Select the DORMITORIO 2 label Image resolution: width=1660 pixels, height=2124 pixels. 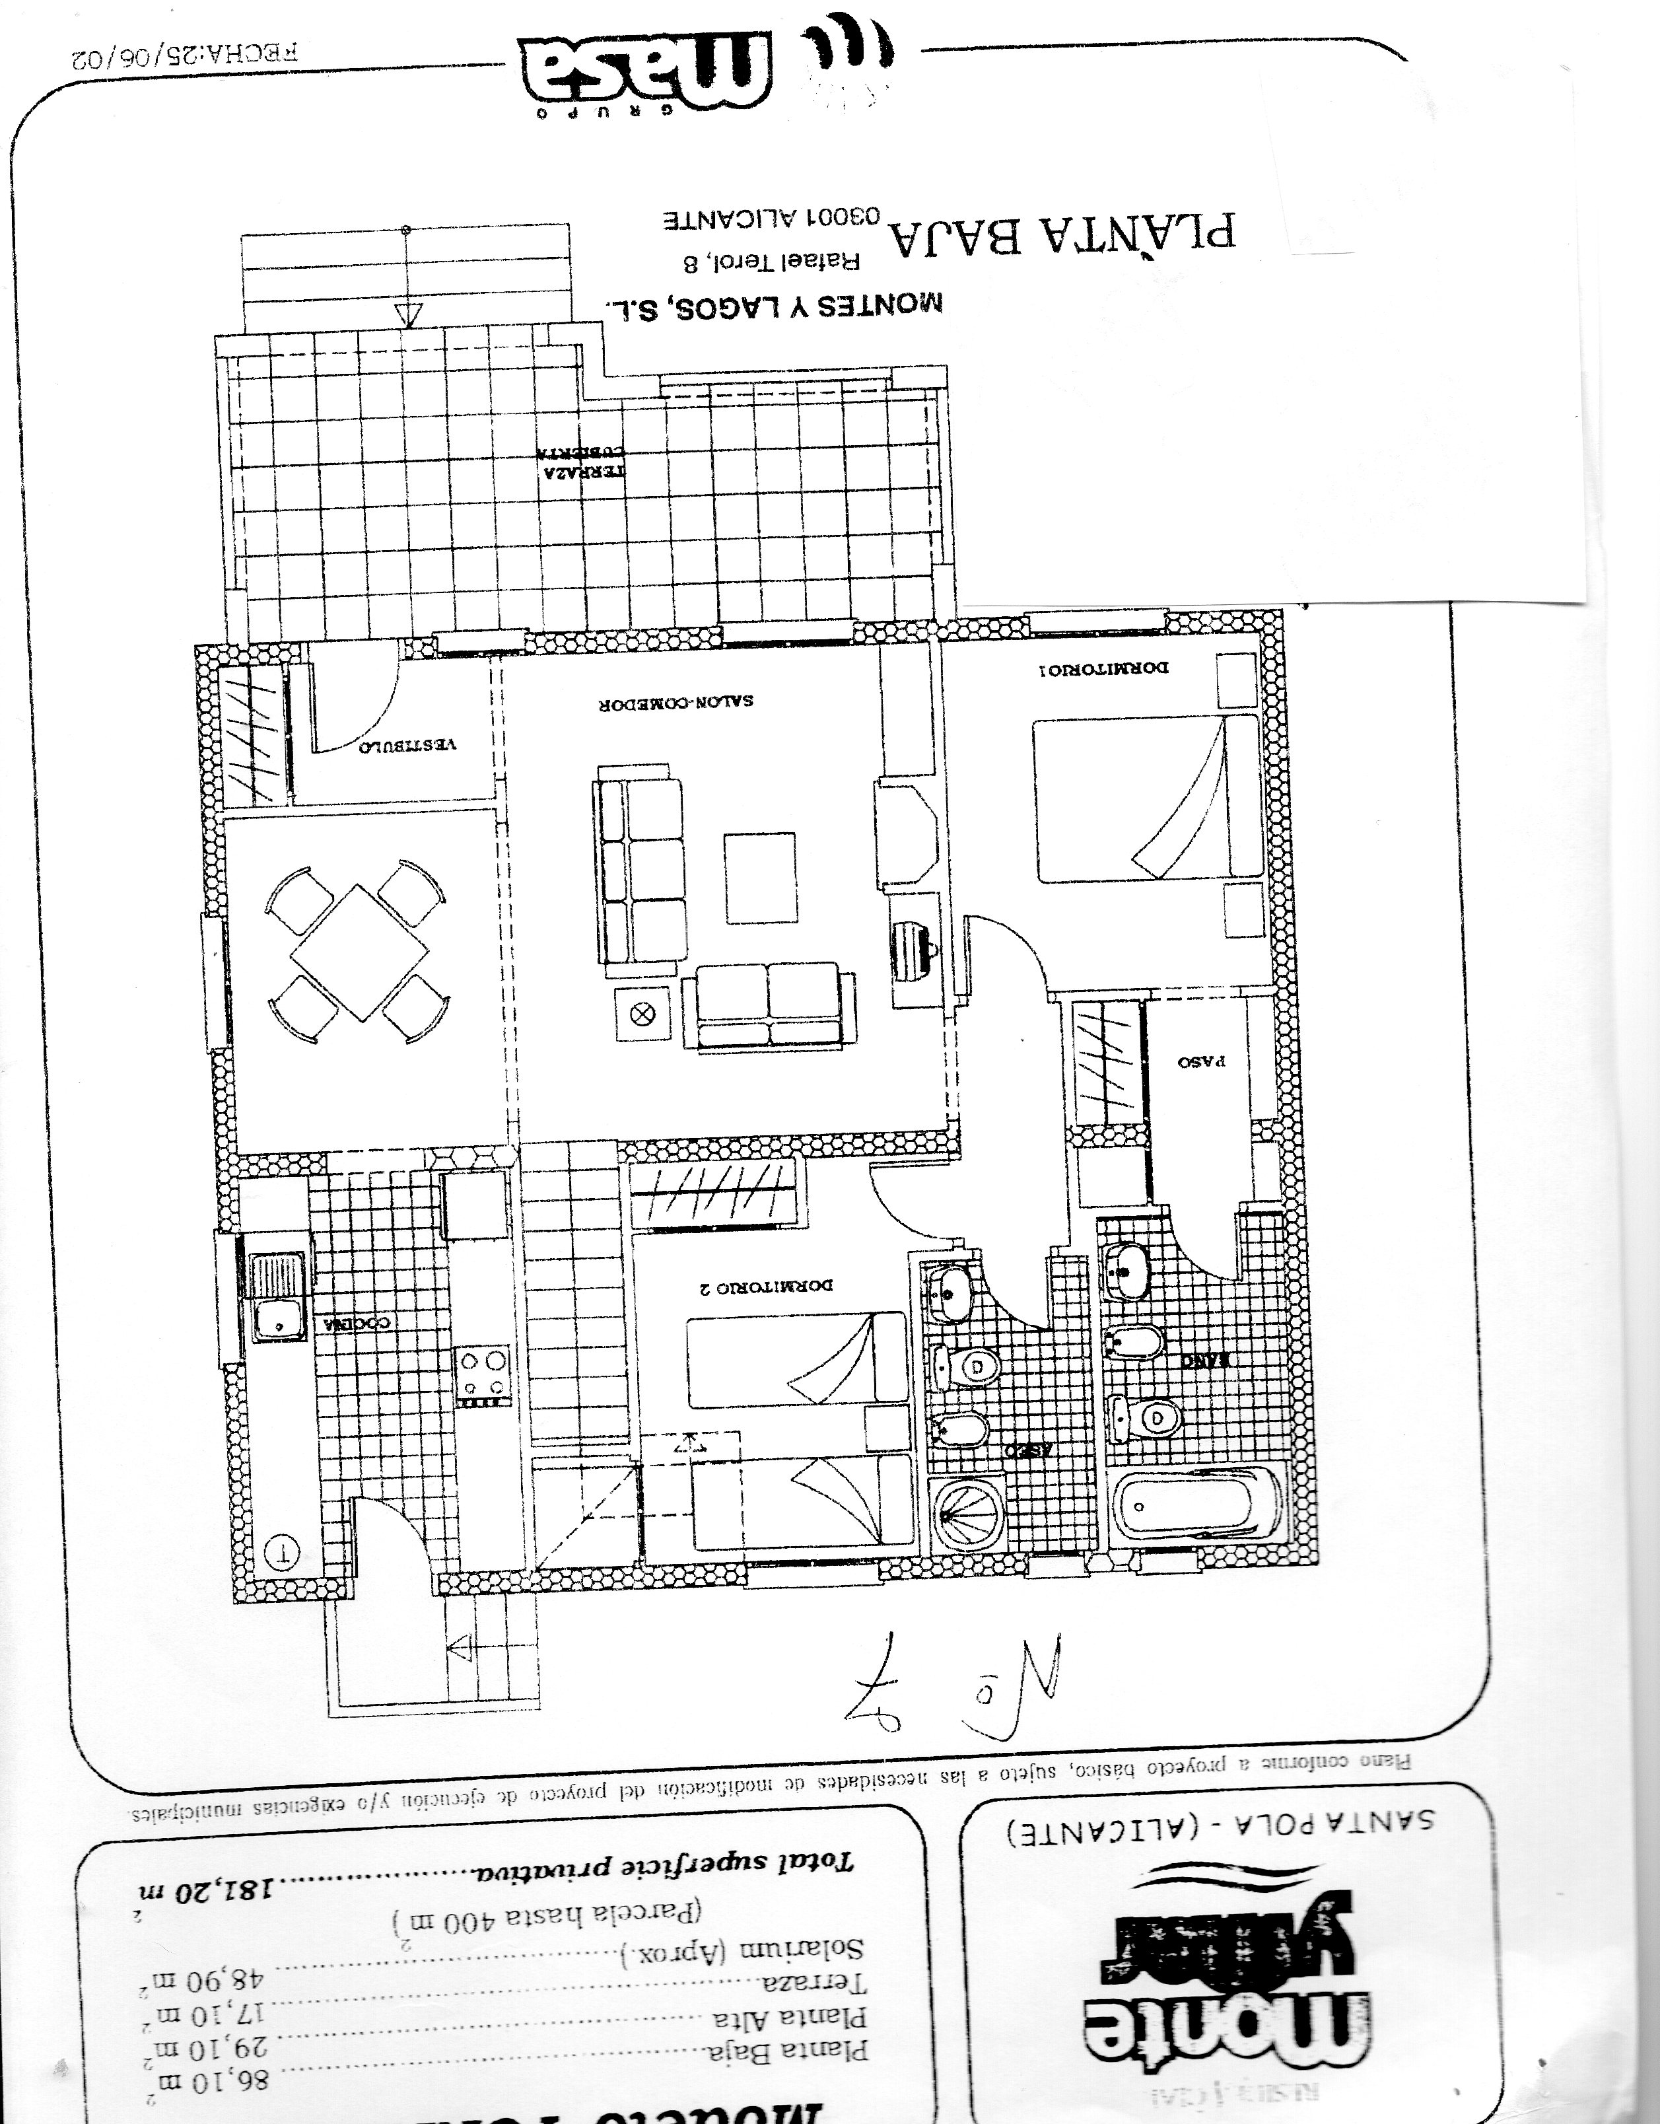pyautogui.click(x=765, y=1287)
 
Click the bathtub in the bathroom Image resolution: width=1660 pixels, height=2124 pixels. pyautogui.click(x=1195, y=1504)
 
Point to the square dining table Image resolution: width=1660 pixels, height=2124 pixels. pyautogui.click(x=360, y=952)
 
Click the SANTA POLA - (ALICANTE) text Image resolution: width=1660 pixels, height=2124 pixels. pyautogui.click(x=1220, y=1829)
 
